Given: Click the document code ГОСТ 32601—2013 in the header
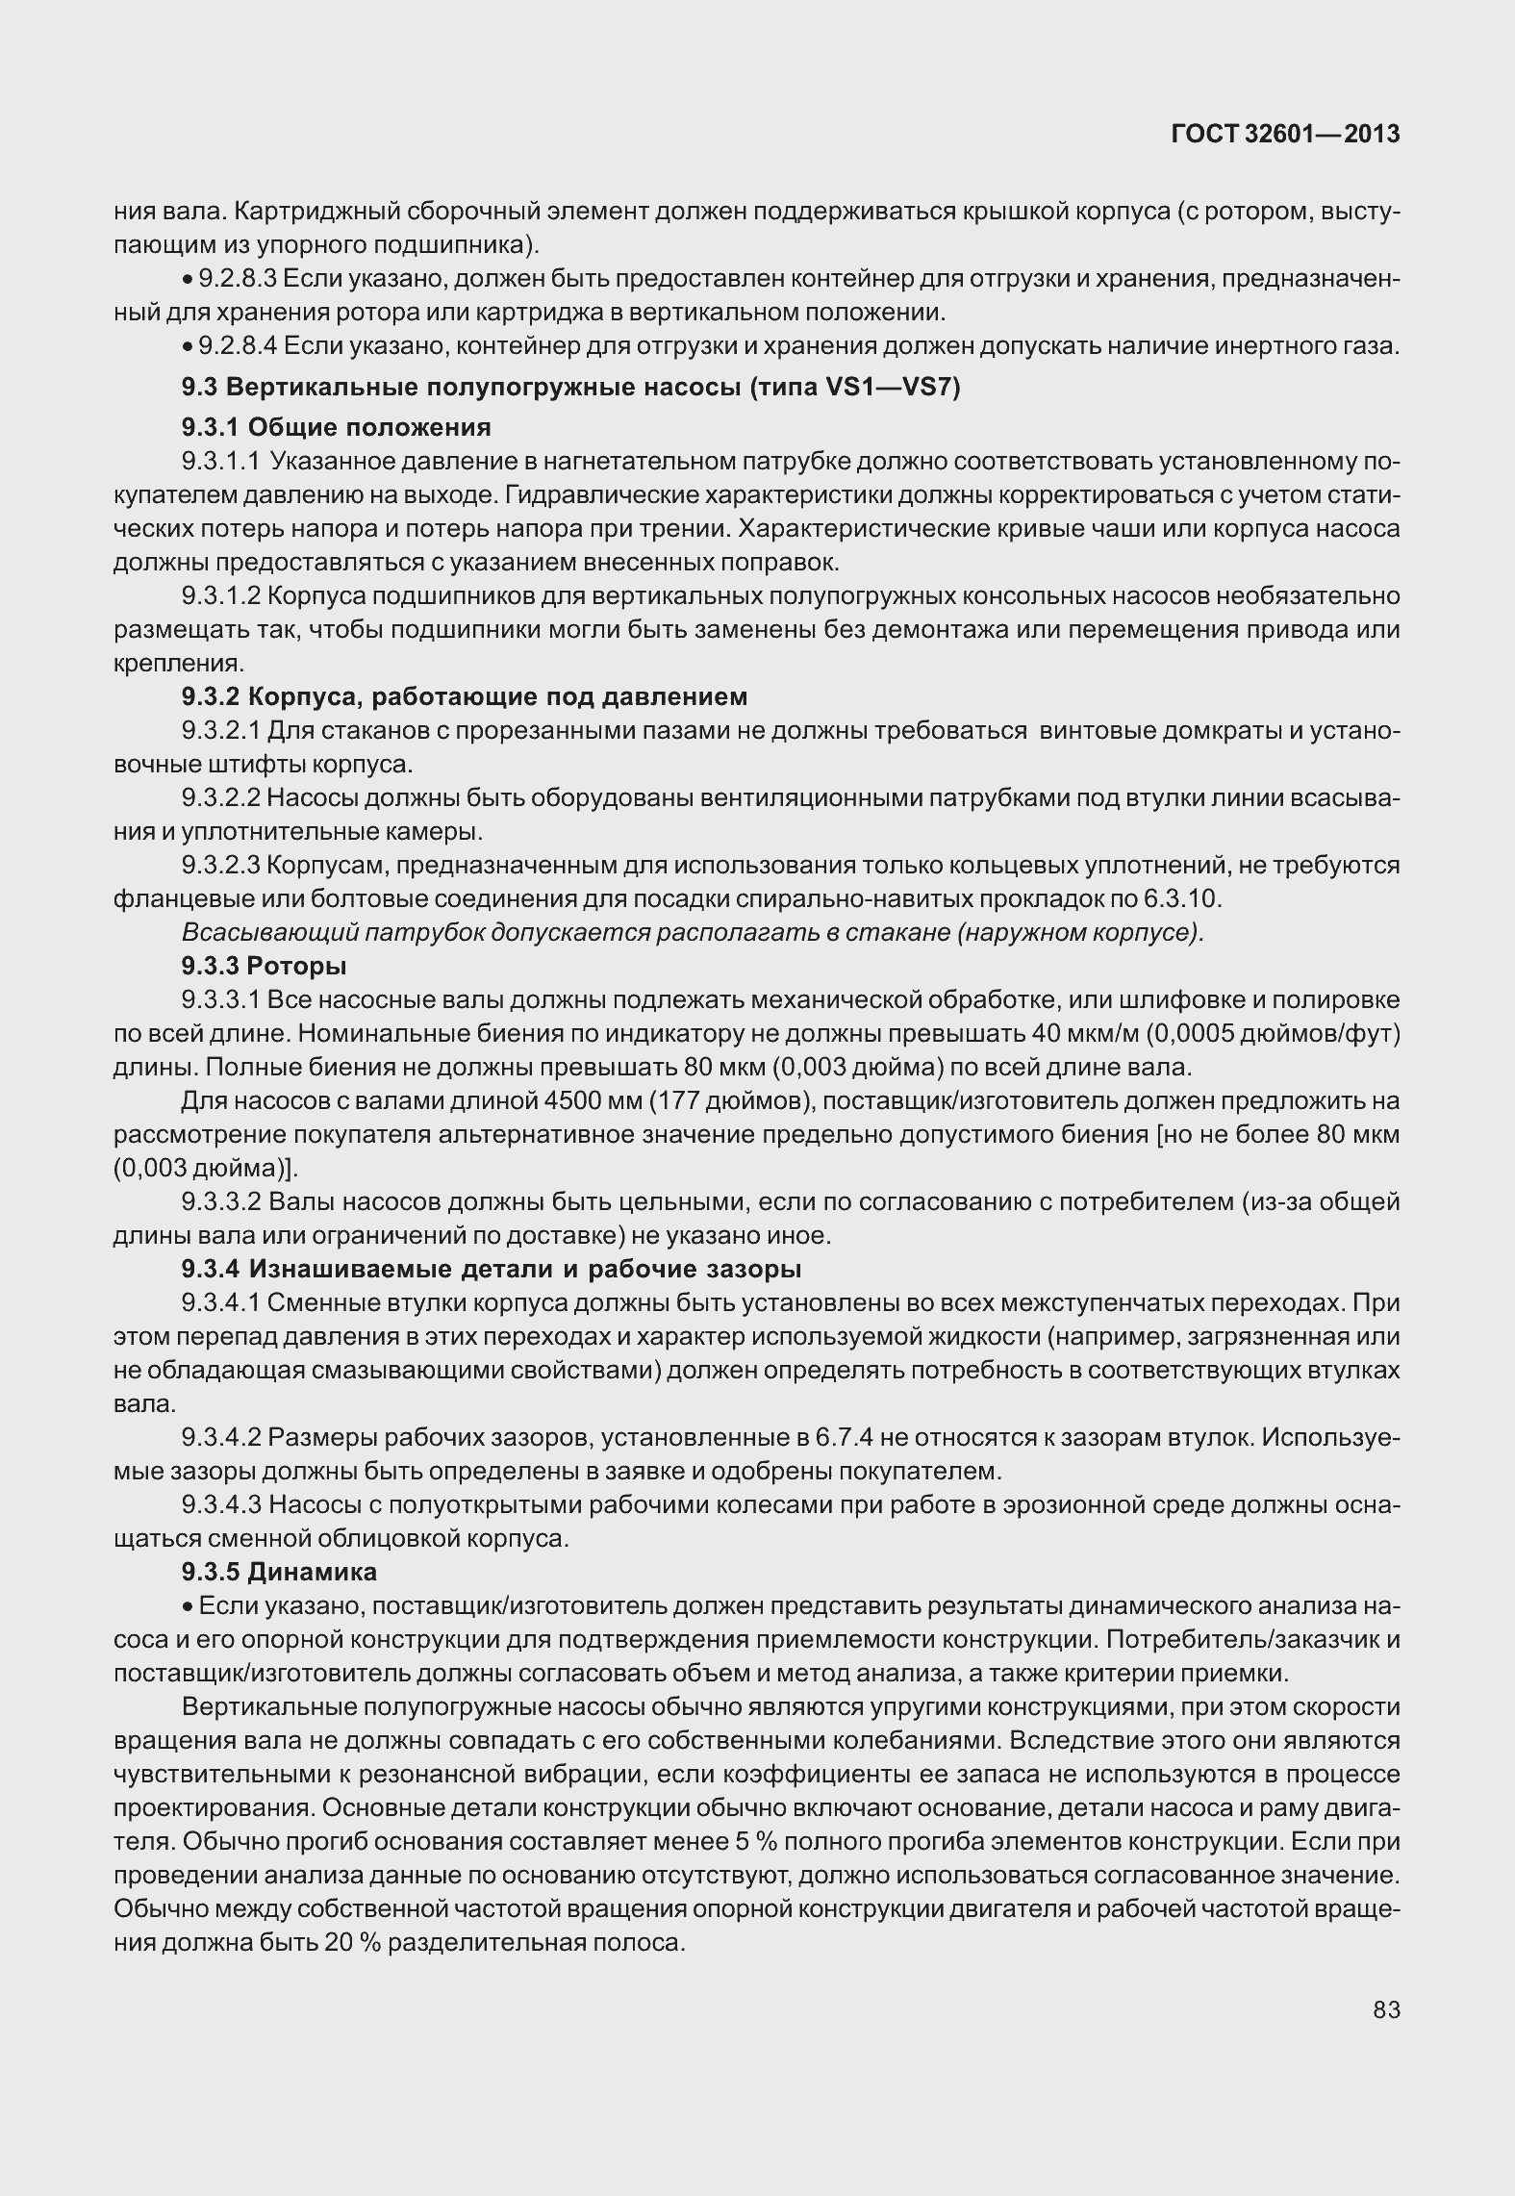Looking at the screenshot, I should (x=1284, y=135).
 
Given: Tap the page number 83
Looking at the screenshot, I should (x=1386, y=2010).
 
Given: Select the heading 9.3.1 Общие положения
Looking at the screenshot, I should (x=337, y=427).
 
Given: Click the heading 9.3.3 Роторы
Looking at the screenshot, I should (x=265, y=966).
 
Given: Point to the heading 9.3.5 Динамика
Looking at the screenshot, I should (x=279, y=1572).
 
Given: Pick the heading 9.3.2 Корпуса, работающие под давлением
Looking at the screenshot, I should (x=465, y=696).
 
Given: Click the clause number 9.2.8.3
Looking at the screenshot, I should (x=238, y=279).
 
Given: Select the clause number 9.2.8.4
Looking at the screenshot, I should (x=238, y=345).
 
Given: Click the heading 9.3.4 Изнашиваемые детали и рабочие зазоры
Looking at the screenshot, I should (x=492, y=1270).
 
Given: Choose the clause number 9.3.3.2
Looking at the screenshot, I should (x=221, y=1201).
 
